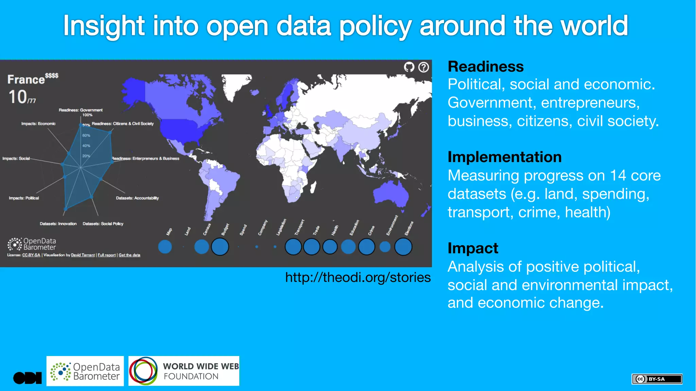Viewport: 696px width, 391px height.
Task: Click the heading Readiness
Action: click(485, 67)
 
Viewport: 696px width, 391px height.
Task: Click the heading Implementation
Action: click(504, 157)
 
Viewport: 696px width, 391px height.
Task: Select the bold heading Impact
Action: click(473, 248)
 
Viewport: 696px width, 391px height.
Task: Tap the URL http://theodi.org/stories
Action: click(358, 278)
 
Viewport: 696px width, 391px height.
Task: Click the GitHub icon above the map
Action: click(409, 67)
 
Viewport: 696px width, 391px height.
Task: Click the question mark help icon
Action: click(423, 67)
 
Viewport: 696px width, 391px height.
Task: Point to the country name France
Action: click(26, 79)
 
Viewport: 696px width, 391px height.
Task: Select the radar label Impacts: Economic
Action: click(38, 124)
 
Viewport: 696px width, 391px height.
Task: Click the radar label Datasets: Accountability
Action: click(137, 198)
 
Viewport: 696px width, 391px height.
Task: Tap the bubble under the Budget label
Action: click(220, 247)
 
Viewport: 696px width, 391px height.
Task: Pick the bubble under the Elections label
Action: click(403, 247)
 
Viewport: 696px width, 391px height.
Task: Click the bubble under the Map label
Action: click(165, 247)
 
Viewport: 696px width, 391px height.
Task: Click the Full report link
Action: click(107, 255)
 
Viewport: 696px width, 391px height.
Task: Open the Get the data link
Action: click(129, 255)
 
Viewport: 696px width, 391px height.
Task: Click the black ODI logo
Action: click(27, 378)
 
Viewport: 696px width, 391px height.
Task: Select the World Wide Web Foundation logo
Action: click(184, 371)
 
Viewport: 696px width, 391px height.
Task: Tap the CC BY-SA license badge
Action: click(657, 379)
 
